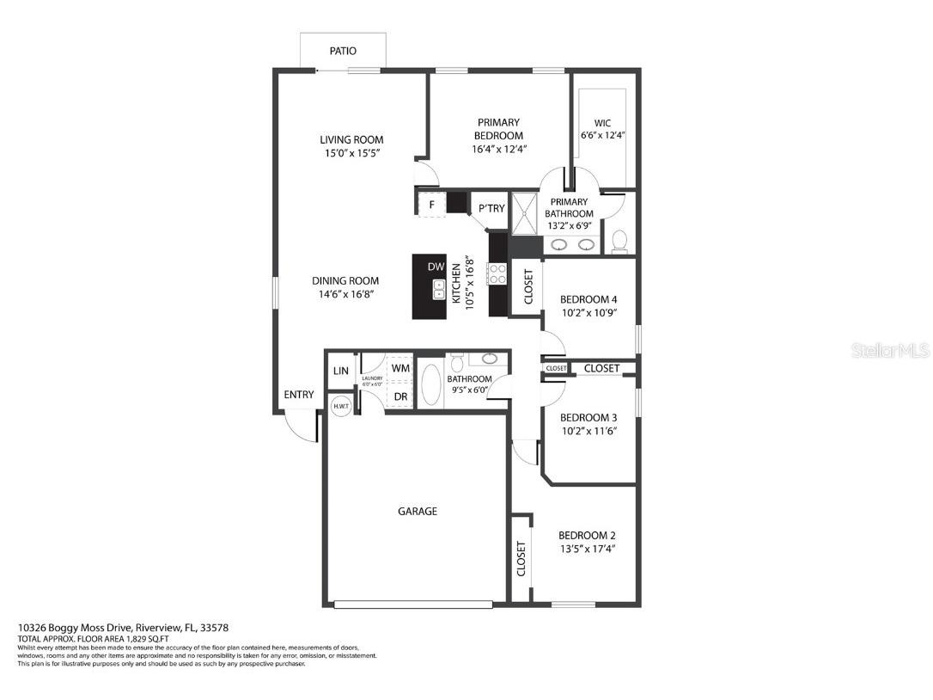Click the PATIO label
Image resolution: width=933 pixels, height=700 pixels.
point(343,52)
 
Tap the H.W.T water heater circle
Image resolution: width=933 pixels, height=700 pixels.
point(341,406)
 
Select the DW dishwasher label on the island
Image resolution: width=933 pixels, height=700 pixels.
point(436,267)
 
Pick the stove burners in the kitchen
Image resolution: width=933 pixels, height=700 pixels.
point(497,274)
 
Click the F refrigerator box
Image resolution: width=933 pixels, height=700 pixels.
point(430,206)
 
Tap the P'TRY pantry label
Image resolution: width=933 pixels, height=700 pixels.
point(491,208)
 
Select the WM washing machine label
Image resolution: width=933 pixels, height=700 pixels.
point(400,368)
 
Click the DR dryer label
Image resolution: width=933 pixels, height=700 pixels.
point(400,396)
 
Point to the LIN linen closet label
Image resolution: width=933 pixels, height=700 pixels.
point(341,371)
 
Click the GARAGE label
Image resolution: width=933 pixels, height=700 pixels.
point(418,511)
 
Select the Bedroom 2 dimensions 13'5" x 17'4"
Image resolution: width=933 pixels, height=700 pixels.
point(587,549)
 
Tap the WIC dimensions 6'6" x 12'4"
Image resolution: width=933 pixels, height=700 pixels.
point(602,135)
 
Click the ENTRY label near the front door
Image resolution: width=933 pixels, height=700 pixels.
point(299,395)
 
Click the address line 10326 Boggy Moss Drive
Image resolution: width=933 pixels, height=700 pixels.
point(123,629)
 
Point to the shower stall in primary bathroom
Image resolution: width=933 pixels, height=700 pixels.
point(523,213)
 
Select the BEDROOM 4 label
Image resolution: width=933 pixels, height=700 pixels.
point(588,299)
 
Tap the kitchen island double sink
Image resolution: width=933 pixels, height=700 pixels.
point(438,290)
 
